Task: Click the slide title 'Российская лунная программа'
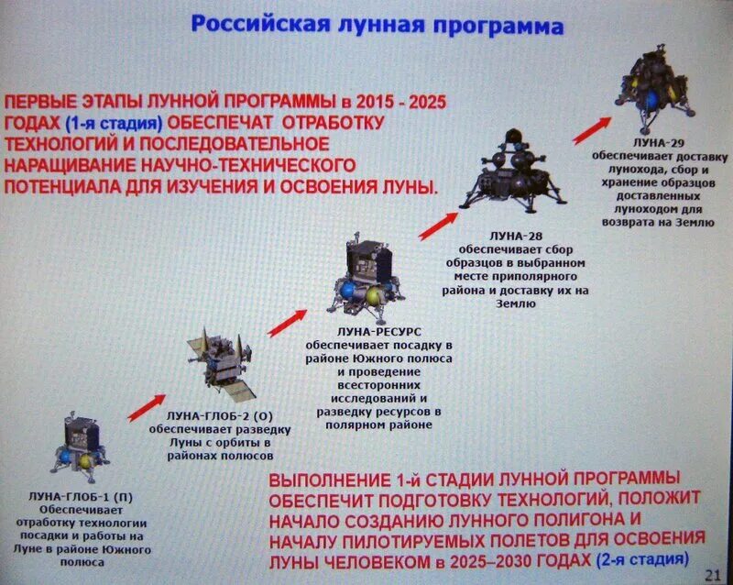[376, 25]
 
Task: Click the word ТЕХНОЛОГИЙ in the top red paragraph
[59, 144]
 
